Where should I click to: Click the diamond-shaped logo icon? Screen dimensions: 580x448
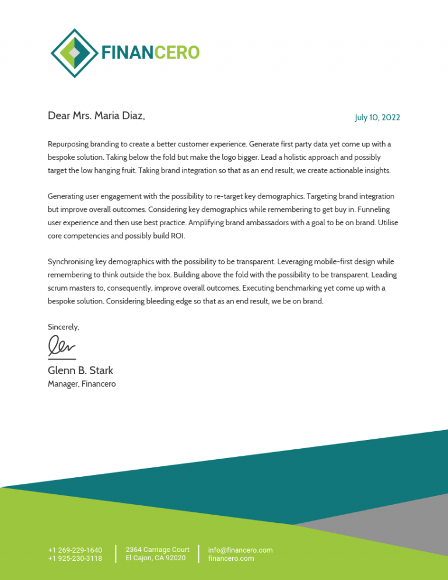coord(74,53)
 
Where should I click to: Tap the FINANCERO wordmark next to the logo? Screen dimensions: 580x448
coord(150,53)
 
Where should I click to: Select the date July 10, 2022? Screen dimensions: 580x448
coord(377,118)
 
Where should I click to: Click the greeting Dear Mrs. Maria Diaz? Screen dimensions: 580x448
coord(96,116)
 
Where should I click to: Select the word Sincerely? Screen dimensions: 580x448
coord(63,327)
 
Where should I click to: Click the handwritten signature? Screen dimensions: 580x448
coord(62,347)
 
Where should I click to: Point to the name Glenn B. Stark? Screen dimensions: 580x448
coord(80,371)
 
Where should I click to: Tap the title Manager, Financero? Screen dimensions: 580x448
coord(82,384)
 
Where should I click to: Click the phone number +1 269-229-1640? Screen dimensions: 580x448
coord(75,550)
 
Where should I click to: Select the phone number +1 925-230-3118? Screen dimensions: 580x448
coord(75,558)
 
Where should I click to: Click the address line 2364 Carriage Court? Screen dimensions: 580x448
coord(157,550)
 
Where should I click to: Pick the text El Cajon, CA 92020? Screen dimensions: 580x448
coord(156,558)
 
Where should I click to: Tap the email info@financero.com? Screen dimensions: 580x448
coord(240,550)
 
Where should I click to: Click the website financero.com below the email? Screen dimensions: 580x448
coord(231,558)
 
